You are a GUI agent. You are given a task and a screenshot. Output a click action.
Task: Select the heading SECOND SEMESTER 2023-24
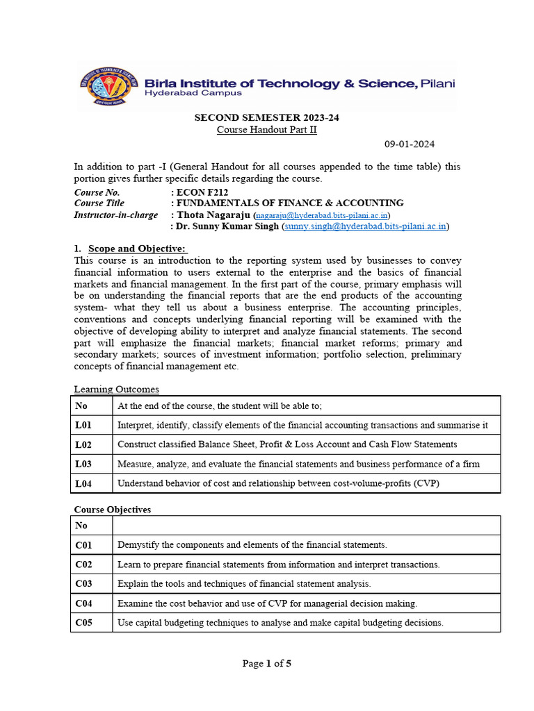click(x=266, y=117)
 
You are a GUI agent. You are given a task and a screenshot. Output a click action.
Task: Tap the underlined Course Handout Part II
click(x=266, y=130)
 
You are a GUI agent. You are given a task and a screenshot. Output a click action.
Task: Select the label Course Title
click(x=99, y=203)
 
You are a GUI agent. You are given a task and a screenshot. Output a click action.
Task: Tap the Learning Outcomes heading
click(x=117, y=390)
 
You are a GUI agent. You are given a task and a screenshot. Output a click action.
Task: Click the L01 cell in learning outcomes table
click(x=83, y=425)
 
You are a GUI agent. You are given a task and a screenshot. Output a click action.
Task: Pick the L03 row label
click(x=83, y=464)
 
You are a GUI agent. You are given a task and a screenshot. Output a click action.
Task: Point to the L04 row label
click(x=83, y=483)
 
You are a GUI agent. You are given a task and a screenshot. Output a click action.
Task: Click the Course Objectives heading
click(x=113, y=510)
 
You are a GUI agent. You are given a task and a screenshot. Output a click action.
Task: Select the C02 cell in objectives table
click(x=83, y=564)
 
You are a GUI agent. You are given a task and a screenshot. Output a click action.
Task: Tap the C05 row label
click(x=83, y=623)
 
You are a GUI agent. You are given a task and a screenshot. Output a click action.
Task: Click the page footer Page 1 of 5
click(x=266, y=664)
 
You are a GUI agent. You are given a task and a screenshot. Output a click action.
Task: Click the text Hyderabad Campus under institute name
click(x=184, y=93)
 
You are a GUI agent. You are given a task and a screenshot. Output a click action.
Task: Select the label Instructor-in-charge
click(x=116, y=215)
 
